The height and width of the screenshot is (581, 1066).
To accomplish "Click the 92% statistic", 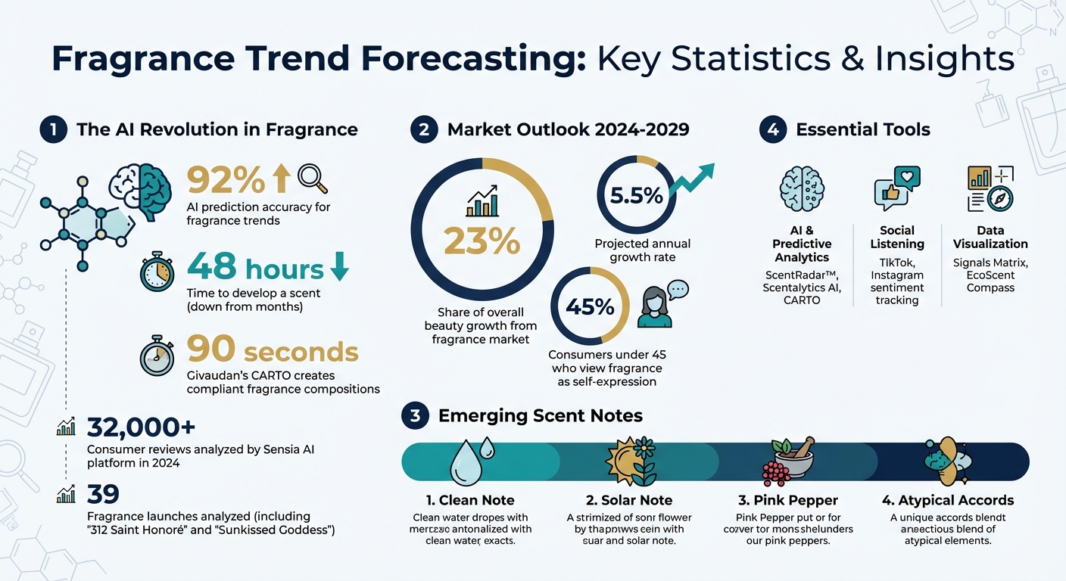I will (x=226, y=180).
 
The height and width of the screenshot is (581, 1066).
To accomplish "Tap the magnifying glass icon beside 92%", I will (x=313, y=179).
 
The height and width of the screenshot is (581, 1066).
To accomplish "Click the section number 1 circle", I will (x=52, y=129).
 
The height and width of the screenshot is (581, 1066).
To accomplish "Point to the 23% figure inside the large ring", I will (x=482, y=241).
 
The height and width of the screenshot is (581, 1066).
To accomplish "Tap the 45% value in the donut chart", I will (x=590, y=306).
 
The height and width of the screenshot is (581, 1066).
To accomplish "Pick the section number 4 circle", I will (x=772, y=129).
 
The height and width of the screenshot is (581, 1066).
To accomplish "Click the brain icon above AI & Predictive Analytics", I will (x=802, y=189).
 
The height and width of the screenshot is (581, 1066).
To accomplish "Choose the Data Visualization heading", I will (x=990, y=237).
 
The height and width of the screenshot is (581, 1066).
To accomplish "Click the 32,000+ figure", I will (x=141, y=427).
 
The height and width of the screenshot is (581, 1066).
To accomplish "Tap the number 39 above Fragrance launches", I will (x=103, y=494).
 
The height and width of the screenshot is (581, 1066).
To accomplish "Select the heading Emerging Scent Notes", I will (x=540, y=415).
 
